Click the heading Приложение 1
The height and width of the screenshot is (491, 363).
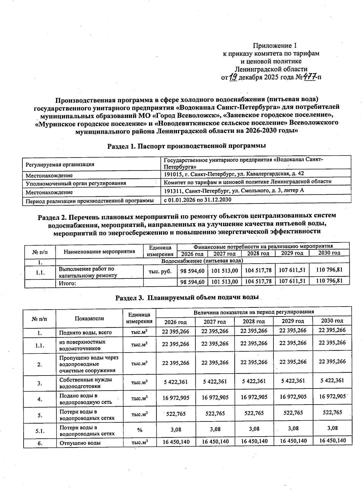click(274, 46)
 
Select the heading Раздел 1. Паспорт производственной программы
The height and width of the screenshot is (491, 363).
click(187, 146)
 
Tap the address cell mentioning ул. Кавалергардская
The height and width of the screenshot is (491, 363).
click(234, 174)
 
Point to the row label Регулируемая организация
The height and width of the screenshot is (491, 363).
click(60, 164)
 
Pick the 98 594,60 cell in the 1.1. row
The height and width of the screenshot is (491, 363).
click(192, 271)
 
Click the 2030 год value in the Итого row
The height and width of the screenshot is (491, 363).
click(329, 281)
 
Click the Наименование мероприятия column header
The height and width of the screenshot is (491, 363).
click(100, 251)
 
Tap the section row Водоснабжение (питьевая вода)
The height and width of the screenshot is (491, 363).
click(202, 261)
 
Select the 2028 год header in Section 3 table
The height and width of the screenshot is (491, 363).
click(254, 321)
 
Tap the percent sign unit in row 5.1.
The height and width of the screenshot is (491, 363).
click(139, 430)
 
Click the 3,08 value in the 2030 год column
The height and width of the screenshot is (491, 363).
click(332, 428)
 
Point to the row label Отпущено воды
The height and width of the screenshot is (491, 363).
click(80, 443)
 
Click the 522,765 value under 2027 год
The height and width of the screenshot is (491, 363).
click(215, 413)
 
